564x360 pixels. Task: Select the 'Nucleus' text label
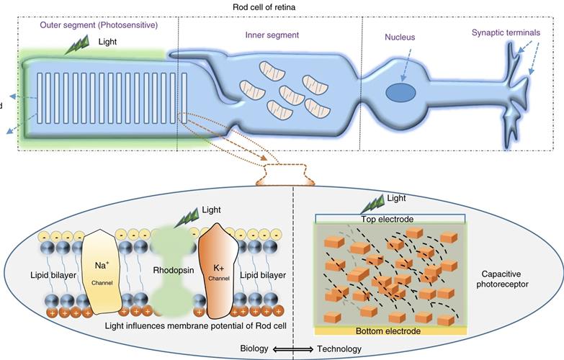pos(400,37)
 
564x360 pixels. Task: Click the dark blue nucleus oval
pos(400,93)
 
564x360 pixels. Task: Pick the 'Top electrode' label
pos(390,217)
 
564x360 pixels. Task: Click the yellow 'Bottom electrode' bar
pos(390,331)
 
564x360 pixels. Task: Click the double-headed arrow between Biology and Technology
pos(292,349)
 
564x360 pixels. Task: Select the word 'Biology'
pos(254,349)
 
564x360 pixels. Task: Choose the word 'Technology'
pos(339,349)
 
